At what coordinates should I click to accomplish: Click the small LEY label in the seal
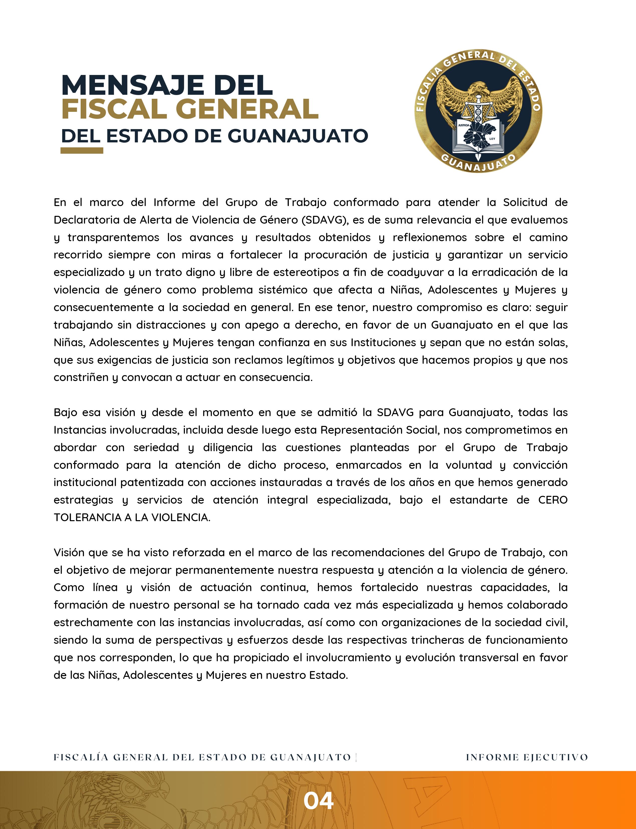[492, 139]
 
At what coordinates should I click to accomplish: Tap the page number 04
[318, 801]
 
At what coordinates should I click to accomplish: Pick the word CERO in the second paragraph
[553, 500]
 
